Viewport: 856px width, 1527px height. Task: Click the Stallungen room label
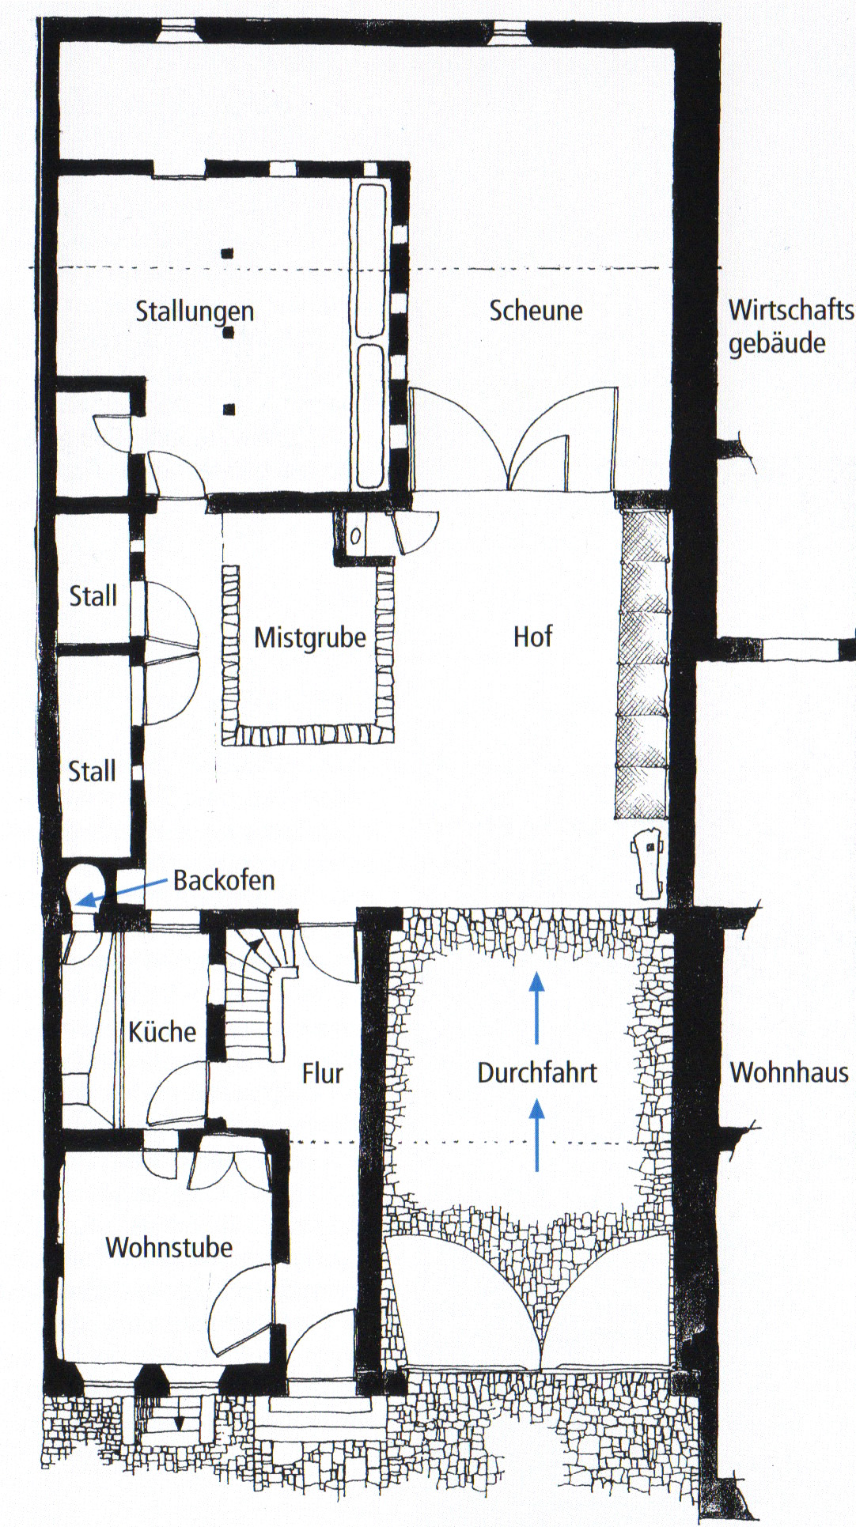pos(195,312)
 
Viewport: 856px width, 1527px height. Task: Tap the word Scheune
pos(536,310)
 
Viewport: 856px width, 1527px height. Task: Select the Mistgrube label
pos(310,638)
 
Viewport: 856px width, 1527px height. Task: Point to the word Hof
pos(532,637)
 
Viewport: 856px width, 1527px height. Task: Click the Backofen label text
pos(225,880)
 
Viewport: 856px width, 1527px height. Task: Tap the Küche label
pos(162,1031)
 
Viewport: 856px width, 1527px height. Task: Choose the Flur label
pos(323,1073)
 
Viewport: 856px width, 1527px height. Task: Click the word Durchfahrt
pos(537,1073)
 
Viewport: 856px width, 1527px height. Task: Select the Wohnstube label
pos(169,1247)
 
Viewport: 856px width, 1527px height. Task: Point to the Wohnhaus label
pos(789,1072)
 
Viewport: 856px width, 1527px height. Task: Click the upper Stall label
pos(93,595)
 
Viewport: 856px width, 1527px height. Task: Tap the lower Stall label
pos(93,771)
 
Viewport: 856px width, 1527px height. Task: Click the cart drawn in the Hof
pos(647,862)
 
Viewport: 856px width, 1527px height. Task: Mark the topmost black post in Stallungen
pos(228,254)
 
